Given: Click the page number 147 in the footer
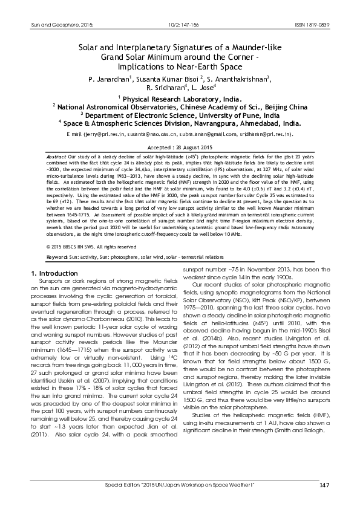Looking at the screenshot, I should [x=324, y=487].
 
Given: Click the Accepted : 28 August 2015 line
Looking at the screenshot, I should [x=180, y=147].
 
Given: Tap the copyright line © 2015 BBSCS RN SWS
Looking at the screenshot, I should [x=79, y=247].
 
